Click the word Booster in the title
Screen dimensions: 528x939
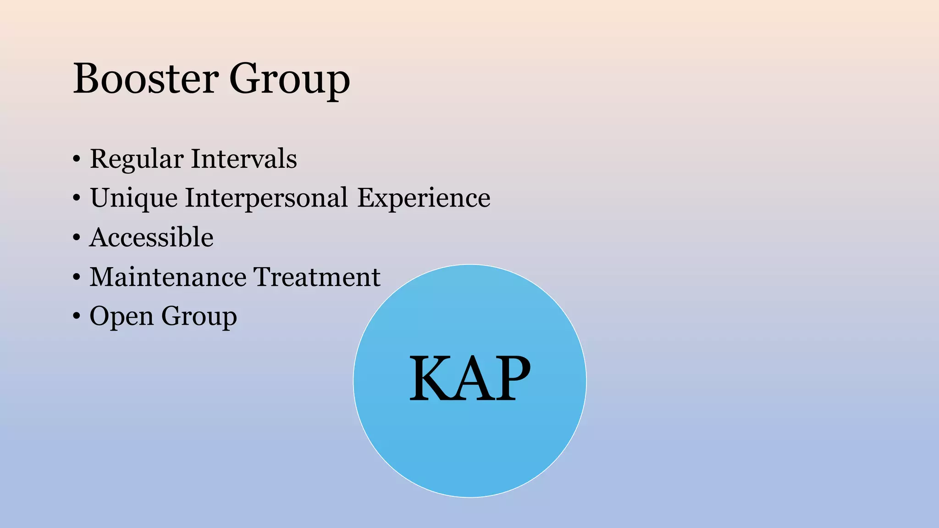(x=146, y=78)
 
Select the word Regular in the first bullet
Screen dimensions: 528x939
(x=137, y=159)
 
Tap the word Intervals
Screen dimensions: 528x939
(x=243, y=159)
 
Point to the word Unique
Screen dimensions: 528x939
(x=134, y=198)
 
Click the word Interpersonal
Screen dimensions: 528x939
(x=266, y=198)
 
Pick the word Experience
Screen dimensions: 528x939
(x=424, y=198)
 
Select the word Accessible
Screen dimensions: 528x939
(x=151, y=237)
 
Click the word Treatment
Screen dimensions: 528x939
(x=317, y=277)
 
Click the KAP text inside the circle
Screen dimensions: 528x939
(x=469, y=379)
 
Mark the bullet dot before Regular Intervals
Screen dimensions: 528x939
(x=77, y=159)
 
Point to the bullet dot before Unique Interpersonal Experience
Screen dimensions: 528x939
(x=77, y=198)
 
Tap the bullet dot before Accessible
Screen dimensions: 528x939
(x=77, y=238)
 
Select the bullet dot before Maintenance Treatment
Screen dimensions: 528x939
(x=77, y=277)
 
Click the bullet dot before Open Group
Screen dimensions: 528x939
(x=77, y=316)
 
